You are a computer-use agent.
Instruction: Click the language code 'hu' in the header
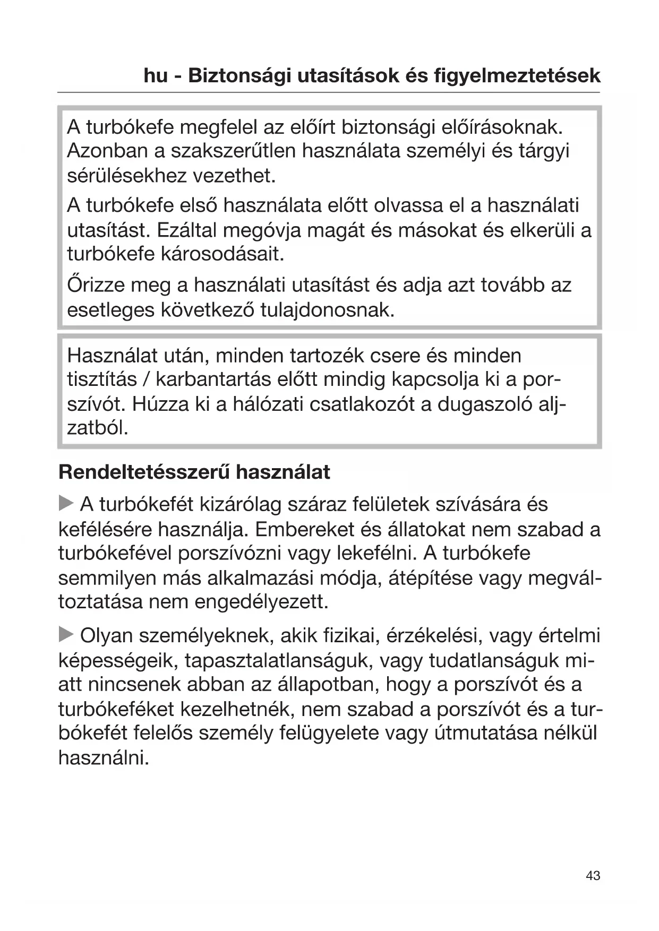155,76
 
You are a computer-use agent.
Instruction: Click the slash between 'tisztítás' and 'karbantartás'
144,380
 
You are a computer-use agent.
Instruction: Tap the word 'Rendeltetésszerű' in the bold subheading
144,472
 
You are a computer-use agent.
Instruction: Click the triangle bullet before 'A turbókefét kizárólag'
66,503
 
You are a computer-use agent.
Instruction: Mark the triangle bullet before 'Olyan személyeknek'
66,634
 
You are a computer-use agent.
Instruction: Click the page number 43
593,876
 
